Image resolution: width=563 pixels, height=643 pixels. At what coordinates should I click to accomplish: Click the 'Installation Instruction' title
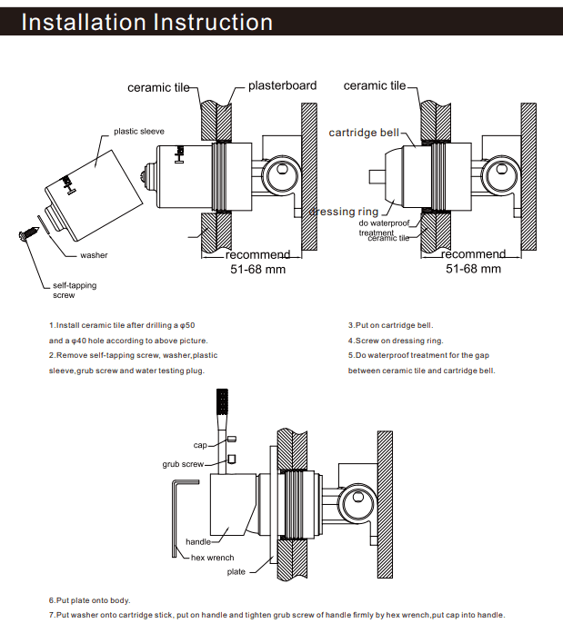point(146,22)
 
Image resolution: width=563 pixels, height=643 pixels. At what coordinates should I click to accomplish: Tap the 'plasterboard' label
point(282,85)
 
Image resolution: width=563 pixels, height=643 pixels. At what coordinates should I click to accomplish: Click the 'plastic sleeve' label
point(139,132)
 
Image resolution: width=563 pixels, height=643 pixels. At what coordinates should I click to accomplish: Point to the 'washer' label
point(94,255)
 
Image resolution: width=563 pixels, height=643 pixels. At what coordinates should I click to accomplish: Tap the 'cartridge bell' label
point(364,133)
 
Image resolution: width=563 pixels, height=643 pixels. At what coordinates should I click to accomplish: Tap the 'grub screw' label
point(183,463)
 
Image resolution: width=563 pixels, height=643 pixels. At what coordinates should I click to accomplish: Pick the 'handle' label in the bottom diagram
point(198,542)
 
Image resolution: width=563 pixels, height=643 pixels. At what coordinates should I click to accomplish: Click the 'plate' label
point(236,572)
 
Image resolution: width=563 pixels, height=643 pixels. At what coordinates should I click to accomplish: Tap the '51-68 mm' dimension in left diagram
point(258,269)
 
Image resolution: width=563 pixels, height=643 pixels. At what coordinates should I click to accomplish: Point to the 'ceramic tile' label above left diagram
point(159,87)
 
